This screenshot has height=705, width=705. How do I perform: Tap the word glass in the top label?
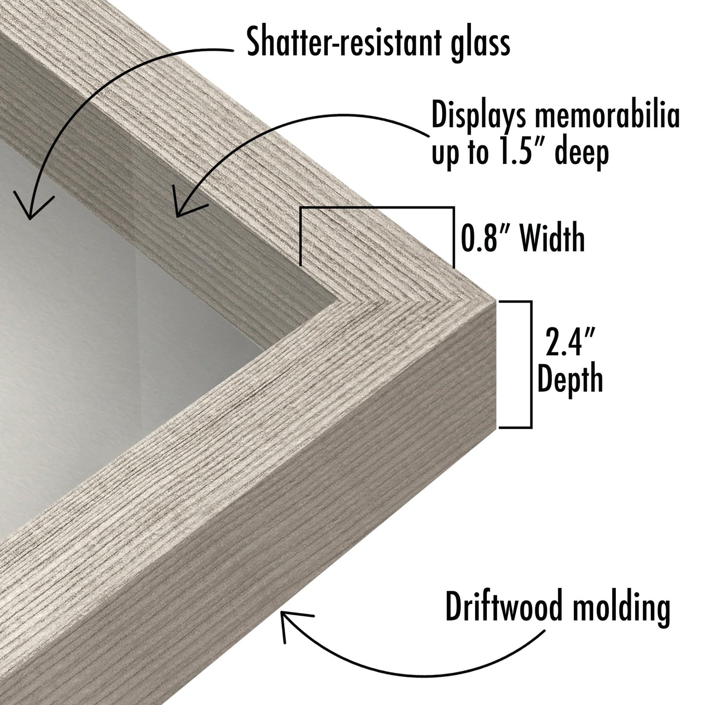[481, 46]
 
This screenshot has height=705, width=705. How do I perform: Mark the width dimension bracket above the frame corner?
[377, 208]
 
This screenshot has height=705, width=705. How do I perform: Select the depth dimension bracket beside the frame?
[530, 364]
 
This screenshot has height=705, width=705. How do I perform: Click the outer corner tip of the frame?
[495, 301]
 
